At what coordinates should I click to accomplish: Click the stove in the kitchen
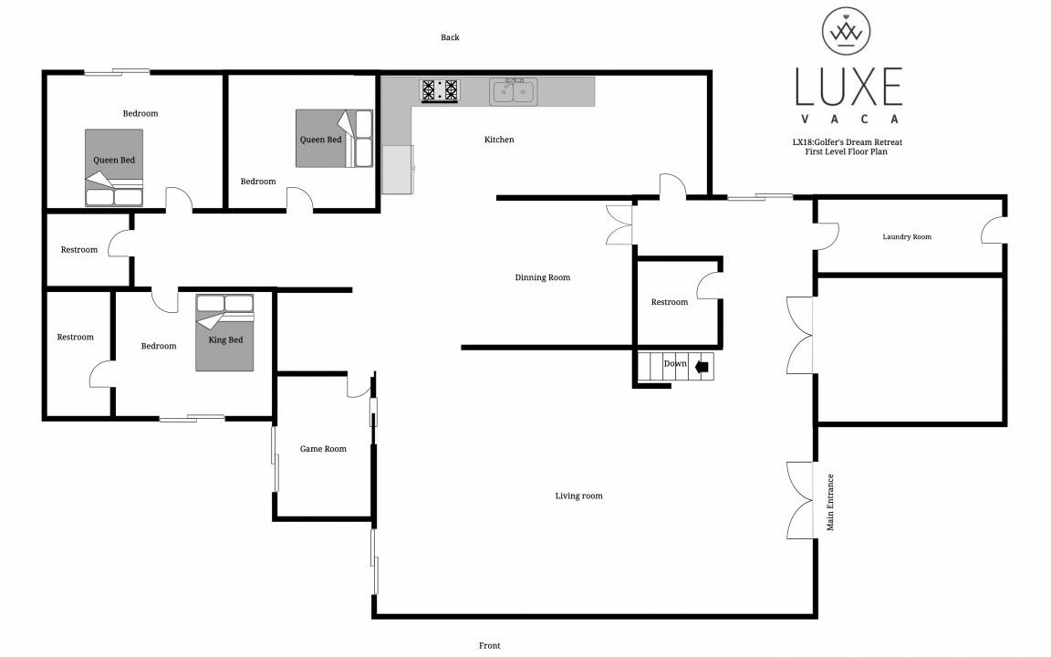440,90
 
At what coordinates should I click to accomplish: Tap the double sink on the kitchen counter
513,91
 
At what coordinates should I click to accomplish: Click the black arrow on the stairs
702,366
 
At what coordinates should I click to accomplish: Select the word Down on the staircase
675,363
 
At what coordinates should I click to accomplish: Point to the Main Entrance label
830,502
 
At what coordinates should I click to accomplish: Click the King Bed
224,332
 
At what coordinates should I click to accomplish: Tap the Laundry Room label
907,236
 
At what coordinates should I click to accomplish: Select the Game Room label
323,449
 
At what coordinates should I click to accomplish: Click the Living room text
578,495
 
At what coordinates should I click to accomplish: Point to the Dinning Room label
542,276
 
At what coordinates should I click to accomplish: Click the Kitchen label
499,140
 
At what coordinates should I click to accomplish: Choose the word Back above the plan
450,37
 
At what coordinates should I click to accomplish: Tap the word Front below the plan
489,646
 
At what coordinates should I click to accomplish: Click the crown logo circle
847,31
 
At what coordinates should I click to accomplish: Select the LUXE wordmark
848,87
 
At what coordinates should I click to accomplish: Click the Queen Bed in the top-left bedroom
114,168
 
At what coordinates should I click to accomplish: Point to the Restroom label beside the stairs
670,302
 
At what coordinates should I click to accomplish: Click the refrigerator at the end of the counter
398,170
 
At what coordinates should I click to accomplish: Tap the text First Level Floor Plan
846,151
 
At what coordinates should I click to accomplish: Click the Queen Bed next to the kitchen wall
335,139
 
